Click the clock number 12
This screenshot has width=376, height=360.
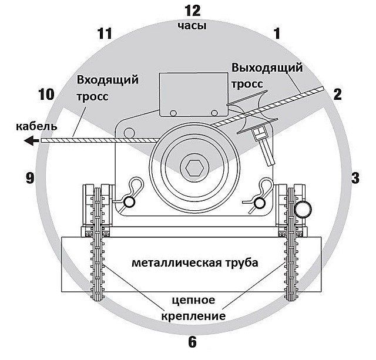pos(193,11)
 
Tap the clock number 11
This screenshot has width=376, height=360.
pos(105,33)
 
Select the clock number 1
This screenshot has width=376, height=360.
pos(277,33)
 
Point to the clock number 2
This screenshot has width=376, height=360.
pos(337,94)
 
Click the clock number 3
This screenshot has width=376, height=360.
pos(355,178)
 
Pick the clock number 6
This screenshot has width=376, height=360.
pos(192,342)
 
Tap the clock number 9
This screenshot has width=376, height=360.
pos(30,178)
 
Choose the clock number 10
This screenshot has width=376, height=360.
pos(46,94)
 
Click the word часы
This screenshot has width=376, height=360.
pos(192,25)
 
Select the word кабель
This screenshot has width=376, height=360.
pos(36,126)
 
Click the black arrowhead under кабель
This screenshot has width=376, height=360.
pos(31,140)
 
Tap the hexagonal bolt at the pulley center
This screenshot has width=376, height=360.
pos(194,167)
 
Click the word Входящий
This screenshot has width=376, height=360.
pos(108,80)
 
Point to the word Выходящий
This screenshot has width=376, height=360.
pos(267,68)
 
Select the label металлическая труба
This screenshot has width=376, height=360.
pos(195,263)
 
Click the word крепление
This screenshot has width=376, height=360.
pos(193,316)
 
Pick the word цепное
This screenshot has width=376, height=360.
pos(193,300)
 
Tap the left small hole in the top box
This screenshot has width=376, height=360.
pos(173,113)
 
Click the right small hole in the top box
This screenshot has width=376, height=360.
pos(214,113)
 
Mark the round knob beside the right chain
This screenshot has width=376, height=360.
pos(303,209)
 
